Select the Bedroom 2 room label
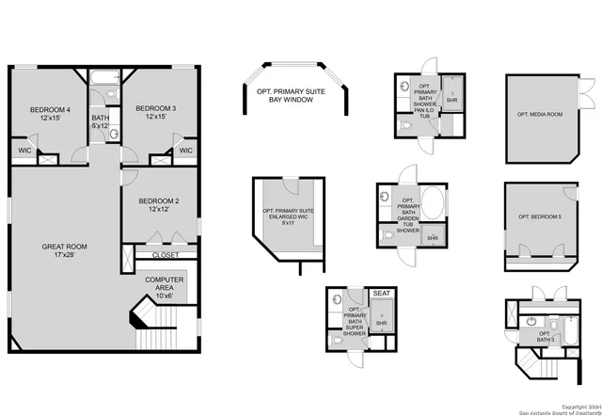tap(158, 205)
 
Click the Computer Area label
tap(165, 286)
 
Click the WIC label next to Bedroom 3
tap(185, 151)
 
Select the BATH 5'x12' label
tap(100, 120)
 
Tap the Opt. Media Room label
tap(539, 114)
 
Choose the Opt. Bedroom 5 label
tap(539, 217)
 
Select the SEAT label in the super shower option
tap(382, 294)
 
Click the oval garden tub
tap(434, 204)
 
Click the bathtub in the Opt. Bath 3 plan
tap(570, 333)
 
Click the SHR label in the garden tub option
tap(434, 239)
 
